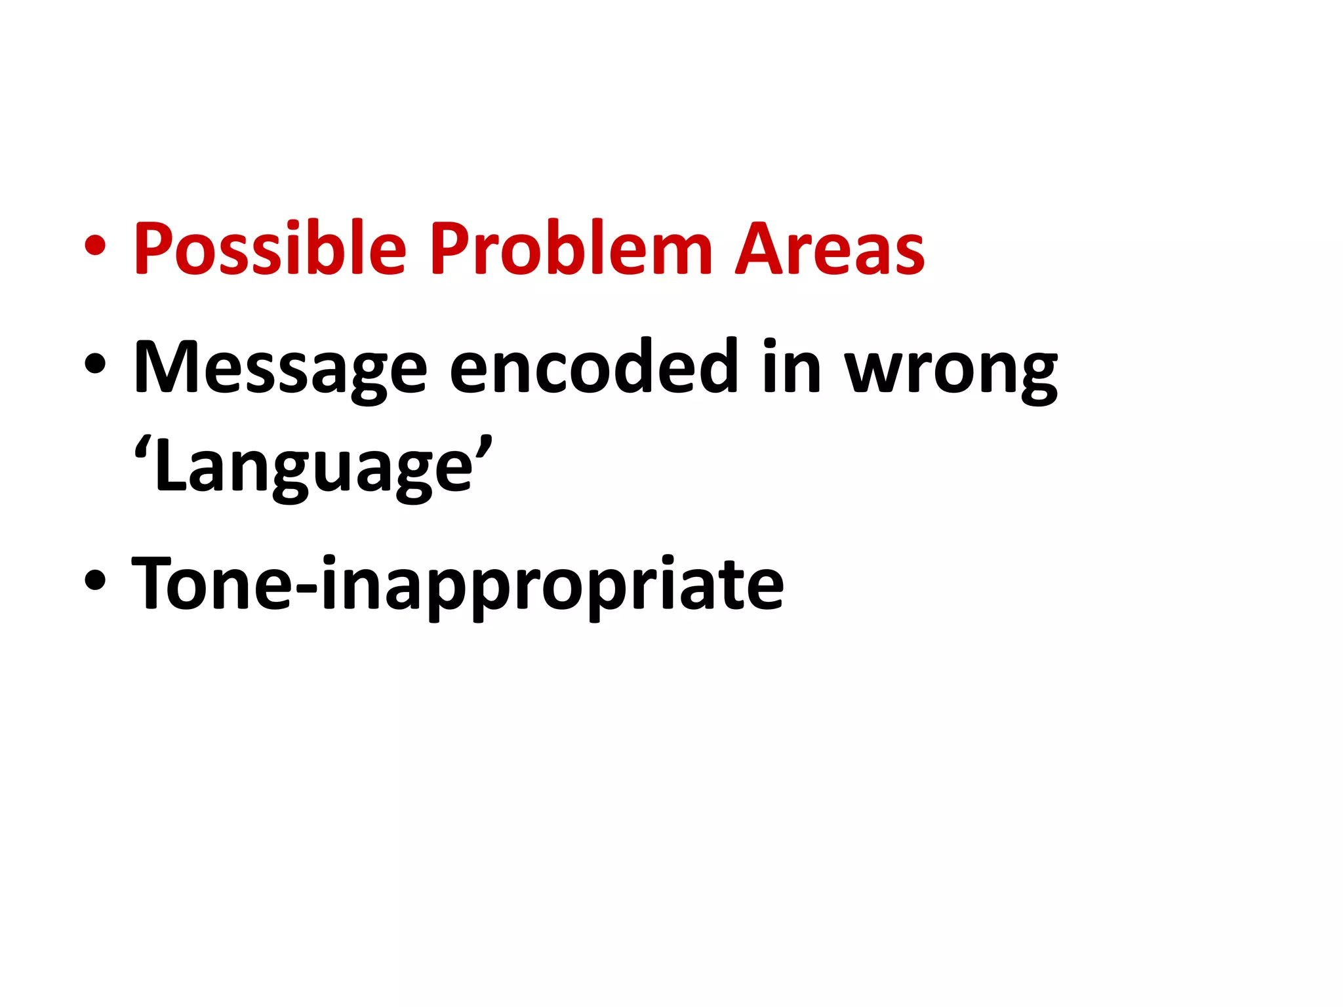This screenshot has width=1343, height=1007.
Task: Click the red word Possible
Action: point(270,249)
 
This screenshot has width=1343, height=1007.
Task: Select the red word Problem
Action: point(571,249)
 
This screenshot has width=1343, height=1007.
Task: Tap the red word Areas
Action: point(830,249)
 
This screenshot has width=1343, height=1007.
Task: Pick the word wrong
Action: point(950,370)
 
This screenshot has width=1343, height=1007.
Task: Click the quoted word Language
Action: point(313,467)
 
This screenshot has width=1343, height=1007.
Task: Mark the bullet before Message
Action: point(95,364)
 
